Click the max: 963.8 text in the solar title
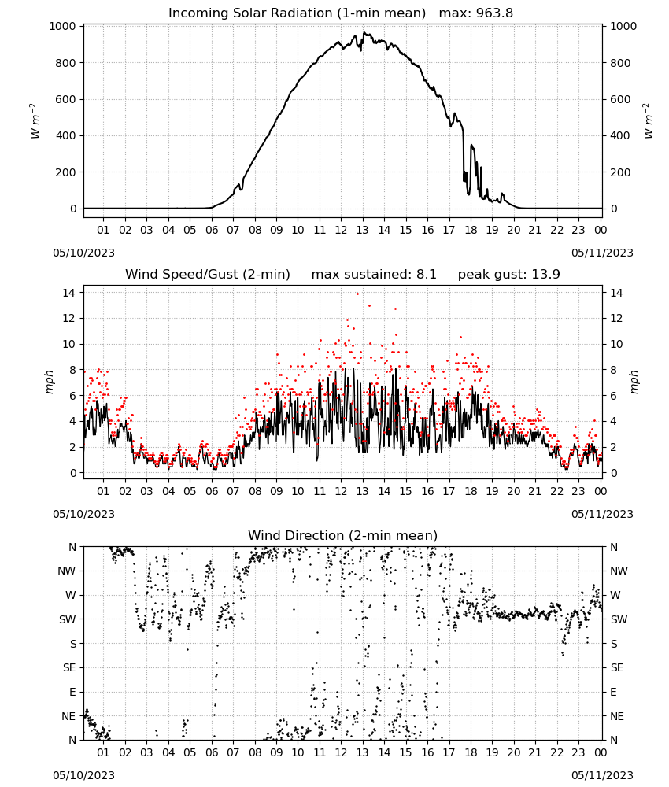click(476, 13)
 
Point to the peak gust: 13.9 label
click(508, 275)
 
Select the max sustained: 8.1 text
click(374, 275)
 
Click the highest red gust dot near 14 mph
click(358, 294)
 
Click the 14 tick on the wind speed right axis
click(616, 293)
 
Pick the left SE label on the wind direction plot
click(69, 667)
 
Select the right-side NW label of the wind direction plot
click(619, 571)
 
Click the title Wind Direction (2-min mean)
click(343, 535)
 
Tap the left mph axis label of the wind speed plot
click(49, 382)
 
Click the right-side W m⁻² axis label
click(649, 121)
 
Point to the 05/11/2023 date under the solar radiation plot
click(602, 253)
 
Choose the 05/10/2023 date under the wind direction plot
click(83, 775)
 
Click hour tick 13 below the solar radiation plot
click(362, 230)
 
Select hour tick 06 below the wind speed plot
click(212, 491)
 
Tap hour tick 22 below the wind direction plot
click(556, 752)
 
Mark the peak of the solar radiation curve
click(365, 33)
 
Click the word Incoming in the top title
click(193, 13)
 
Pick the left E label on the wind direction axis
click(72, 692)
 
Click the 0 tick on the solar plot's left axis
click(74, 209)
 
